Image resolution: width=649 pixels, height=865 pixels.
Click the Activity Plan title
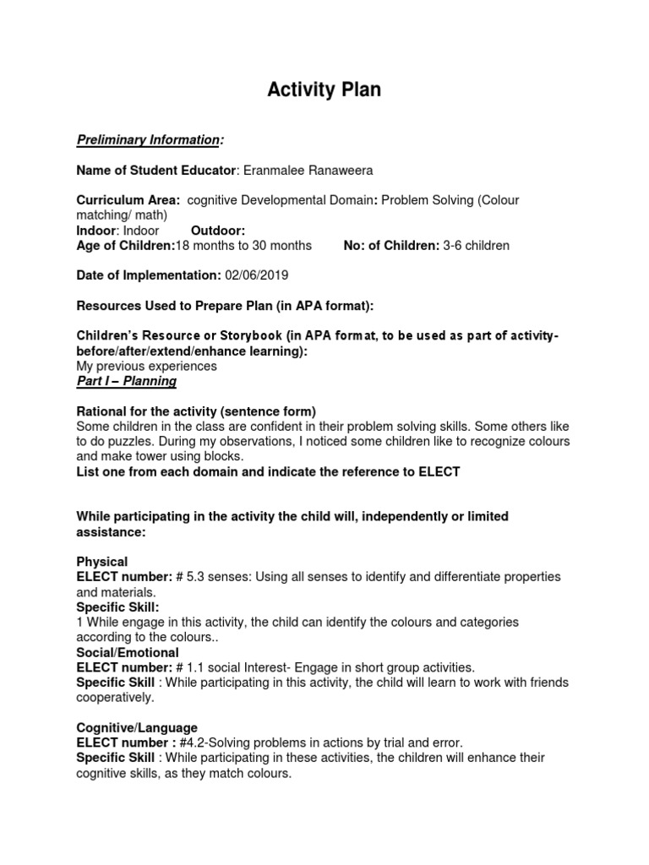(x=324, y=90)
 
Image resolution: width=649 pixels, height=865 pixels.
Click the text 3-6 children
(x=477, y=246)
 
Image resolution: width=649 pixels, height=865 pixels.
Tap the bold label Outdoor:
(x=218, y=231)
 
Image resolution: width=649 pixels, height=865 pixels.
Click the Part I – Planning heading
(x=127, y=381)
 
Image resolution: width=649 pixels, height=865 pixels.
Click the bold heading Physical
(x=102, y=562)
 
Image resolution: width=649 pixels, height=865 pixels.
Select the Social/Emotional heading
(x=128, y=653)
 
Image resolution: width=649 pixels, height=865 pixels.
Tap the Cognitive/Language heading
(x=137, y=728)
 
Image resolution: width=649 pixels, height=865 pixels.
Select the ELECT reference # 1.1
(x=191, y=668)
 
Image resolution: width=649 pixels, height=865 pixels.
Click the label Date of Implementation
(x=148, y=275)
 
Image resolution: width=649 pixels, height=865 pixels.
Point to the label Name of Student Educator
(x=155, y=171)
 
